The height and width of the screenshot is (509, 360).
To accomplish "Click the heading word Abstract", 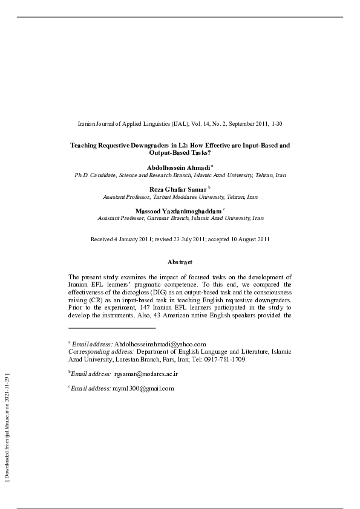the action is (180, 262).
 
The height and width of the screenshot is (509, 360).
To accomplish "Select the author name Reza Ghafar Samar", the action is (177, 189).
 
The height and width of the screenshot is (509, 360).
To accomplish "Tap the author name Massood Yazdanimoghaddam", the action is (178, 210).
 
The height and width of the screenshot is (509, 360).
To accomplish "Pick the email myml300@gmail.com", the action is (143, 388).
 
